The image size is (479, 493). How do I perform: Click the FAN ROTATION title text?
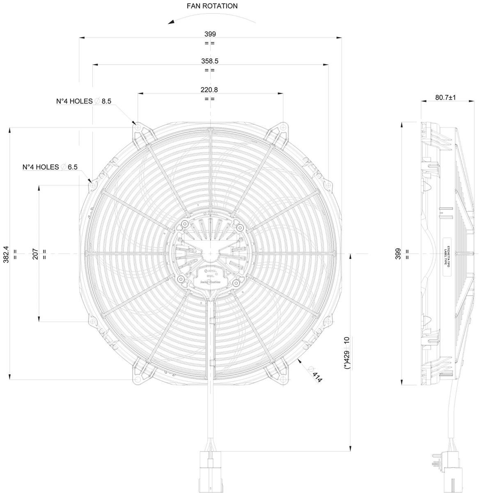pyautogui.click(x=212, y=6)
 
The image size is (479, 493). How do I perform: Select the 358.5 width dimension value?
pyautogui.click(x=209, y=61)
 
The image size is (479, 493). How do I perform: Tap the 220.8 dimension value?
pyautogui.click(x=209, y=90)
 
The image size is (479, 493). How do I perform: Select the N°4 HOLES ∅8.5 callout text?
pyautogui.click(x=84, y=101)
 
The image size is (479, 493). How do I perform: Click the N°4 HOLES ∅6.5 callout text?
pyautogui.click(x=50, y=167)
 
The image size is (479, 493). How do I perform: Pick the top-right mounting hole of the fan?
pyautogui.click(x=283, y=128)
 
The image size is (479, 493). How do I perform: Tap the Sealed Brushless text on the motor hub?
pyautogui.click(x=211, y=283)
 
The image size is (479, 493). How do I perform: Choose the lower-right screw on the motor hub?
pyautogui.click(x=235, y=283)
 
